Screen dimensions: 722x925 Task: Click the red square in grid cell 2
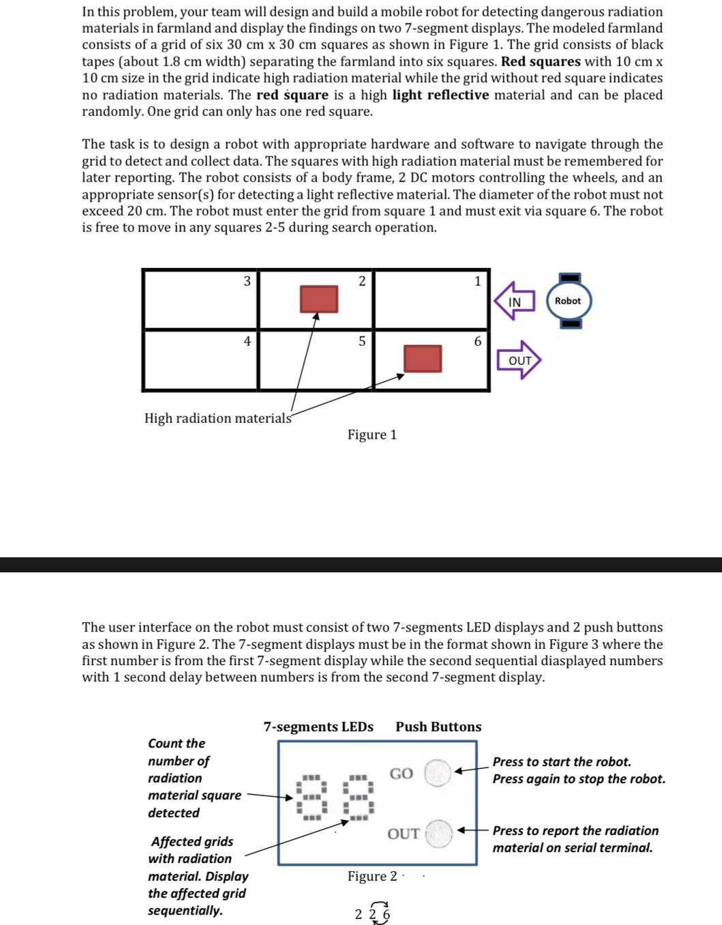pyautogui.click(x=319, y=299)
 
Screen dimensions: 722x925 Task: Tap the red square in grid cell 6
pyautogui.click(x=423, y=358)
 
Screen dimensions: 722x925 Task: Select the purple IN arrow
pyautogui.click(x=514, y=301)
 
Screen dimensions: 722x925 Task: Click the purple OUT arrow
pyautogui.click(x=520, y=359)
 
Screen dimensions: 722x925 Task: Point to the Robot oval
pyautogui.click(x=569, y=301)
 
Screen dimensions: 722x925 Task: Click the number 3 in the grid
pyautogui.click(x=247, y=281)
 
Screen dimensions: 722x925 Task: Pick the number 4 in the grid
pyautogui.click(x=247, y=341)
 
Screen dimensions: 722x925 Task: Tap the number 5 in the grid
pyautogui.click(x=361, y=341)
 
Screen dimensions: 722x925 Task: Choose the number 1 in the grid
pyautogui.click(x=477, y=281)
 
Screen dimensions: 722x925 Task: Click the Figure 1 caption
pyautogui.click(x=372, y=435)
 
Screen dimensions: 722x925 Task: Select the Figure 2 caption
pyautogui.click(x=372, y=876)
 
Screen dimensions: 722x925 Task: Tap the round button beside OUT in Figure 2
pyautogui.click(x=439, y=834)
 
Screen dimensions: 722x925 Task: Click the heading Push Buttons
pyautogui.click(x=438, y=726)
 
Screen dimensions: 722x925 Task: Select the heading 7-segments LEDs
pyautogui.click(x=318, y=726)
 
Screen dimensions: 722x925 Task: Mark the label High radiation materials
pyautogui.click(x=218, y=418)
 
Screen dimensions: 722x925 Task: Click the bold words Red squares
pyautogui.click(x=541, y=61)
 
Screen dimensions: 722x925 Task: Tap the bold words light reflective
pyautogui.click(x=440, y=95)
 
